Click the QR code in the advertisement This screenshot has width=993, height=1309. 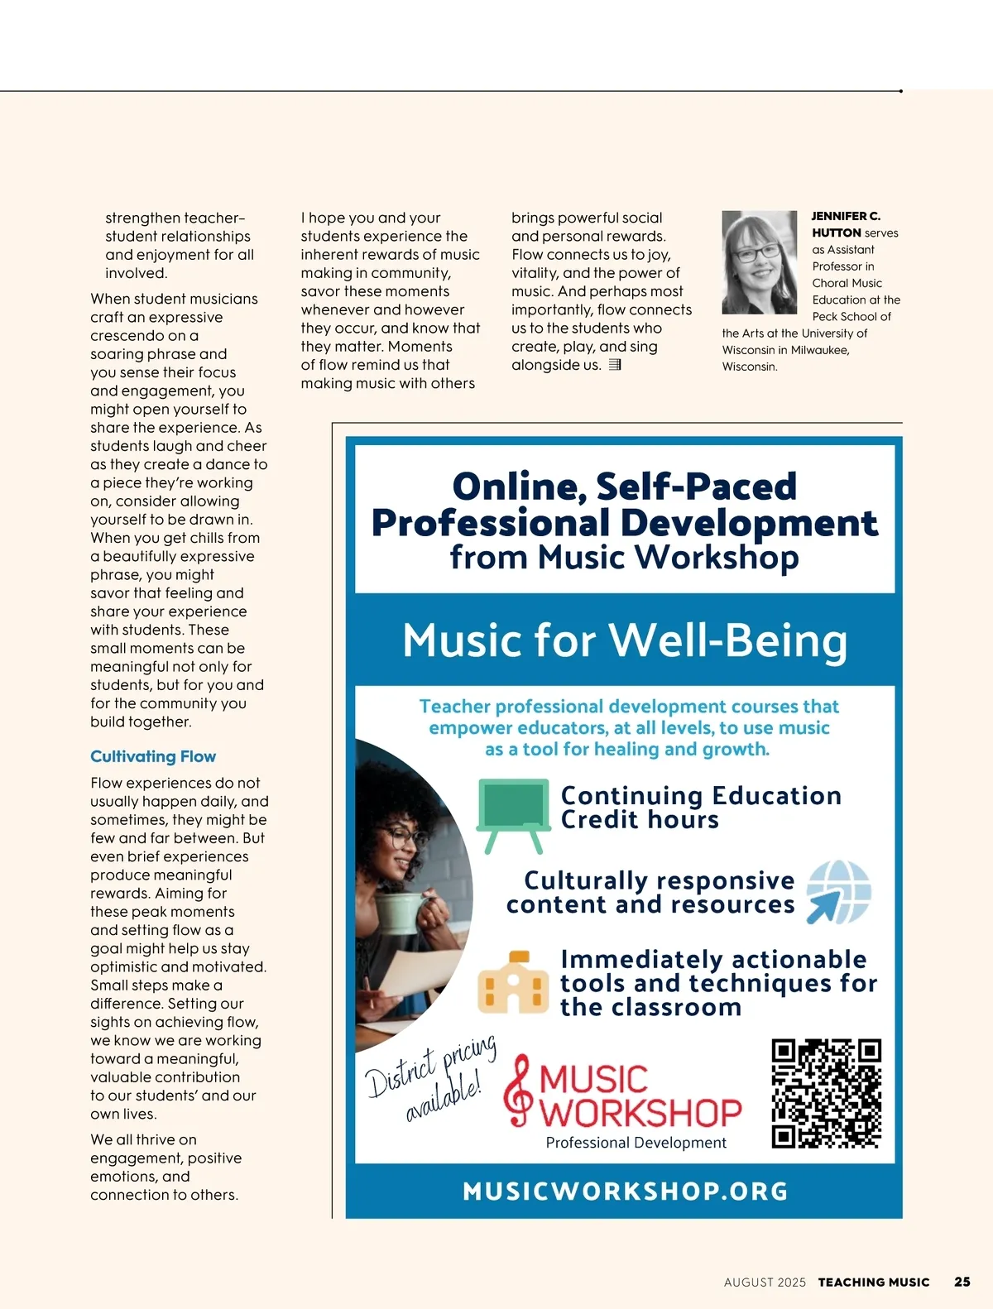click(x=826, y=1093)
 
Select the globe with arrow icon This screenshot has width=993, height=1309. click(x=838, y=891)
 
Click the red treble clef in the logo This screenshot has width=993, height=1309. click(x=519, y=1090)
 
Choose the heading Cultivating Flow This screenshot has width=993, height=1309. click(x=153, y=756)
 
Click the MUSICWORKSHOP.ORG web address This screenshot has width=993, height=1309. click(x=625, y=1191)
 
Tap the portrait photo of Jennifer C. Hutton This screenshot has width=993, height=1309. click(x=759, y=261)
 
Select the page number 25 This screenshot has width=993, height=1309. click(x=962, y=1282)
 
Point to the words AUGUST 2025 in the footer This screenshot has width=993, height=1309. click(x=765, y=1283)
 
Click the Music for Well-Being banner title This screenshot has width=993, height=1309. click(x=625, y=640)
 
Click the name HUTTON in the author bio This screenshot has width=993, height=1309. click(x=836, y=233)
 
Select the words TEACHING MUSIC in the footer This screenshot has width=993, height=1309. click(x=874, y=1283)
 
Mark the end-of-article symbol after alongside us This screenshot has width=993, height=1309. click(x=615, y=365)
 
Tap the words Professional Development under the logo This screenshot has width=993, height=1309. click(x=636, y=1143)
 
